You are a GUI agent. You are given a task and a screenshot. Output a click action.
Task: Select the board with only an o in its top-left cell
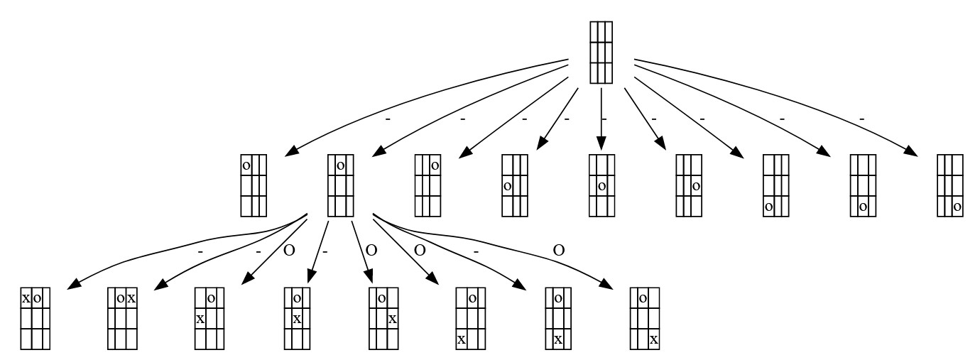tap(254, 185)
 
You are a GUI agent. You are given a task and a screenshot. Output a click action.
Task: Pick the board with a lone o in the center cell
tap(601, 185)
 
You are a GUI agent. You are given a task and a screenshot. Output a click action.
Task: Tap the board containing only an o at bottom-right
tap(950, 185)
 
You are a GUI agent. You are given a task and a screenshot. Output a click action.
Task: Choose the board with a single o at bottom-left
tap(775, 185)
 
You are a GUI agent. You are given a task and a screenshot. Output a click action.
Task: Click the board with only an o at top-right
tap(428, 185)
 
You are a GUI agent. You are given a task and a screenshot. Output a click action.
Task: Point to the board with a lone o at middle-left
tap(514, 185)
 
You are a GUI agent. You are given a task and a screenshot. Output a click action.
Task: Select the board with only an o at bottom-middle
tap(863, 185)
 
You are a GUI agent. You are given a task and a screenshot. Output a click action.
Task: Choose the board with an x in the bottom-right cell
tap(645, 318)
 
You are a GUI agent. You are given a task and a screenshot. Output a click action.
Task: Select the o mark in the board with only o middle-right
tap(697, 186)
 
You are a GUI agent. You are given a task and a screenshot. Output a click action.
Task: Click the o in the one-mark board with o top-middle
tap(341, 165)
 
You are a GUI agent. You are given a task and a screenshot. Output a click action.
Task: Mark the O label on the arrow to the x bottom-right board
tap(559, 250)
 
